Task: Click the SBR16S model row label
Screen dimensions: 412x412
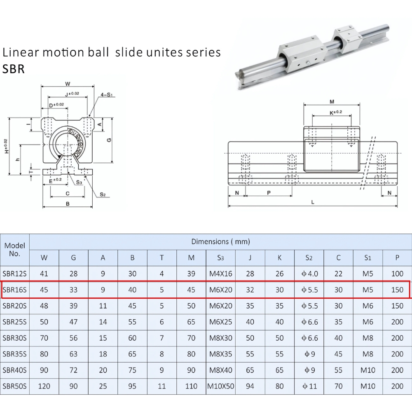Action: (x=14, y=290)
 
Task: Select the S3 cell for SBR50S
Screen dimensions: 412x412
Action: (x=220, y=386)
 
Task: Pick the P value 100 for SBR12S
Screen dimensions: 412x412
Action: (x=397, y=274)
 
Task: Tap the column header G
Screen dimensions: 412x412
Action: (x=73, y=258)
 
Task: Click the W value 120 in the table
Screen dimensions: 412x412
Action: (x=44, y=386)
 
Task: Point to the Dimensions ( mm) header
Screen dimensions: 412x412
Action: (x=220, y=241)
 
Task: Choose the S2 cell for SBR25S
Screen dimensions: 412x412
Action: (x=309, y=322)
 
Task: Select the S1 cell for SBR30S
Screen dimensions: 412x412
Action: (x=368, y=338)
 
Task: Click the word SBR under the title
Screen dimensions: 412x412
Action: (x=14, y=69)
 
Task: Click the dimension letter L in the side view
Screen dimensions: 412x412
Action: (x=313, y=202)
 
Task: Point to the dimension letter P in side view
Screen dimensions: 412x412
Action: (x=269, y=192)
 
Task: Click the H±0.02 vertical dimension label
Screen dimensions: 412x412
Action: (x=6, y=146)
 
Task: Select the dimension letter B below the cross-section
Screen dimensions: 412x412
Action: (x=67, y=203)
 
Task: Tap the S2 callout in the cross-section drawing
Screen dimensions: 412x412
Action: (x=103, y=194)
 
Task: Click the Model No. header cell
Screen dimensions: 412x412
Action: (x=14, y=250)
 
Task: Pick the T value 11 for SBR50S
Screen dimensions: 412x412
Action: (x=162, y=386)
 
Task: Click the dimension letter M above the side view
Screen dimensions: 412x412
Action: (x=332, y=101)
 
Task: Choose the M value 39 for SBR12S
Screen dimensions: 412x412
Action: (x=191, y=274)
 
